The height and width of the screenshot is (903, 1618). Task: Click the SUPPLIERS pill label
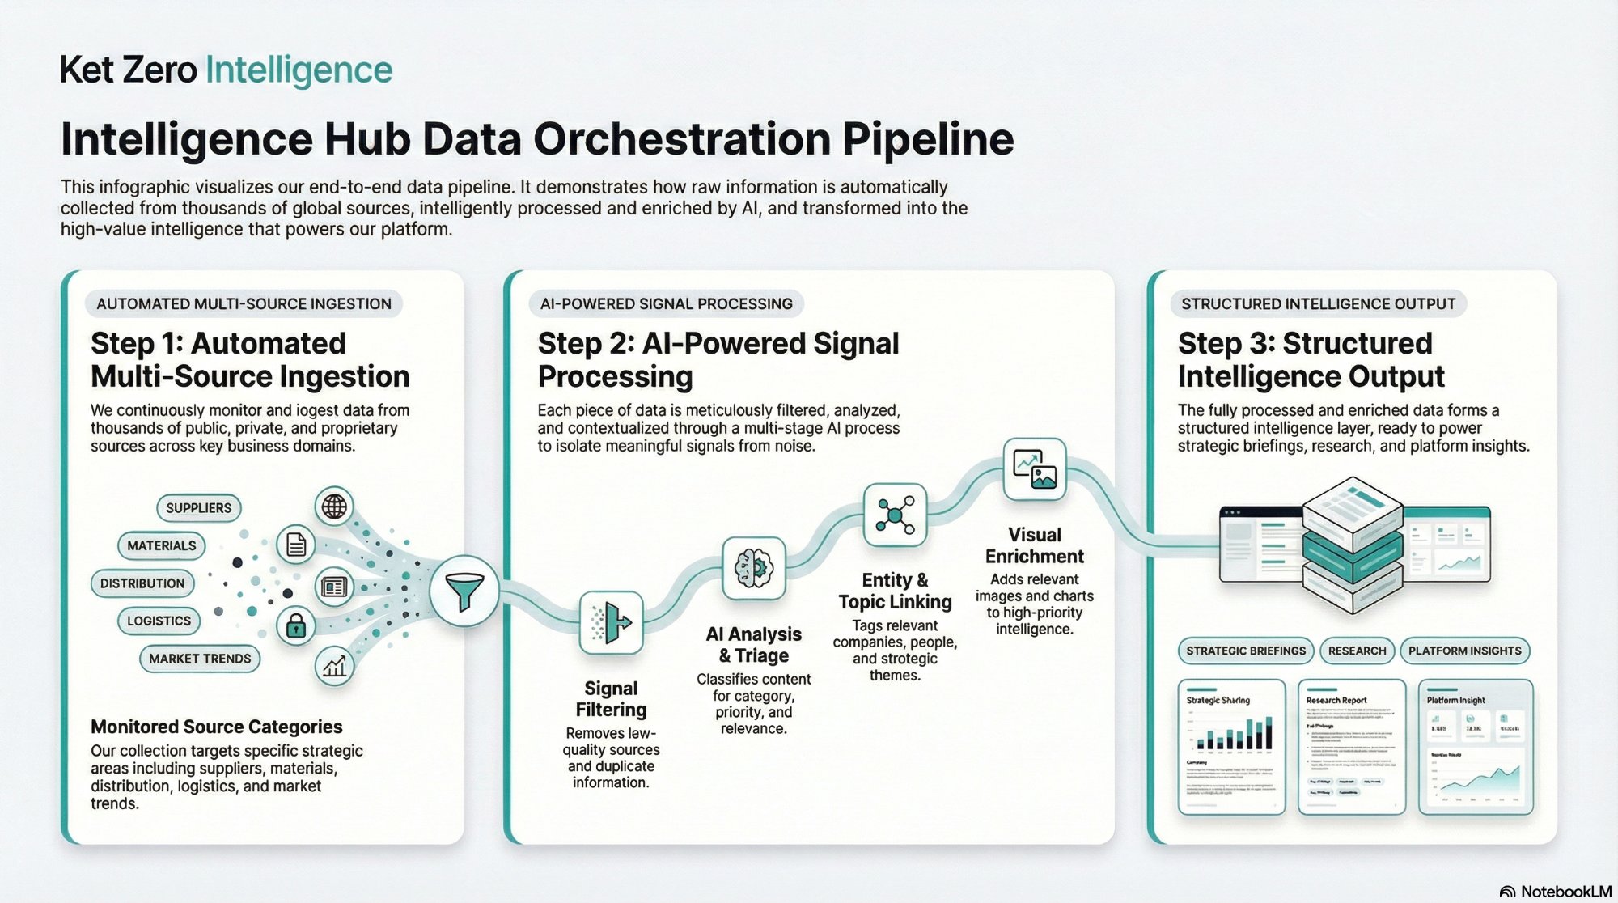(199, 508)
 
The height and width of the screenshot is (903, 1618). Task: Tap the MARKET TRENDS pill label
(200, 659)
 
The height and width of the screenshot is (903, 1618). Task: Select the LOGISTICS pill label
(159, 621)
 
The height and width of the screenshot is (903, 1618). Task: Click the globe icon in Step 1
(334, 507)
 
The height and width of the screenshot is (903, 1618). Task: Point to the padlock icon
(296, 625)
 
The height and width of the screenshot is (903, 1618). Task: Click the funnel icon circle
(464, 591)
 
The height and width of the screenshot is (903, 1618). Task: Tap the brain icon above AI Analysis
(753, 568)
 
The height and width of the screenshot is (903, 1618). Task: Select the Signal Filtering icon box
(612, 622)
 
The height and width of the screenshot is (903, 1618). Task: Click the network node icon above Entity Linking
(894, 515)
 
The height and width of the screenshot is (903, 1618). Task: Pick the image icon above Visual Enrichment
(1035, 468)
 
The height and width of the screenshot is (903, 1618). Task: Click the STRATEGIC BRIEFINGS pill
(1246, 651)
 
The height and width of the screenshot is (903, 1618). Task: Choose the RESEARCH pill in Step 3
(1357, 651)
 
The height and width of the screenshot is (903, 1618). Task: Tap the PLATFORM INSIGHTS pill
(1464, 651)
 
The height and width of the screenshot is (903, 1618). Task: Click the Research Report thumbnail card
(1352, 746)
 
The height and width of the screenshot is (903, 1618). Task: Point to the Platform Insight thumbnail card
(1476, 746)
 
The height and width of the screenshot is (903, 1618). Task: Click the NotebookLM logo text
(1565, 892)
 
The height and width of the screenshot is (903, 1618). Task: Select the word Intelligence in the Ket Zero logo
(299, 70)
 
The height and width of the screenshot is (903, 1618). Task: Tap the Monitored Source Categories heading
(216, 727)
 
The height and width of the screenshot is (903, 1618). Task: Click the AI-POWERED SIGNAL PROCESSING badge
(666, 303)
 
